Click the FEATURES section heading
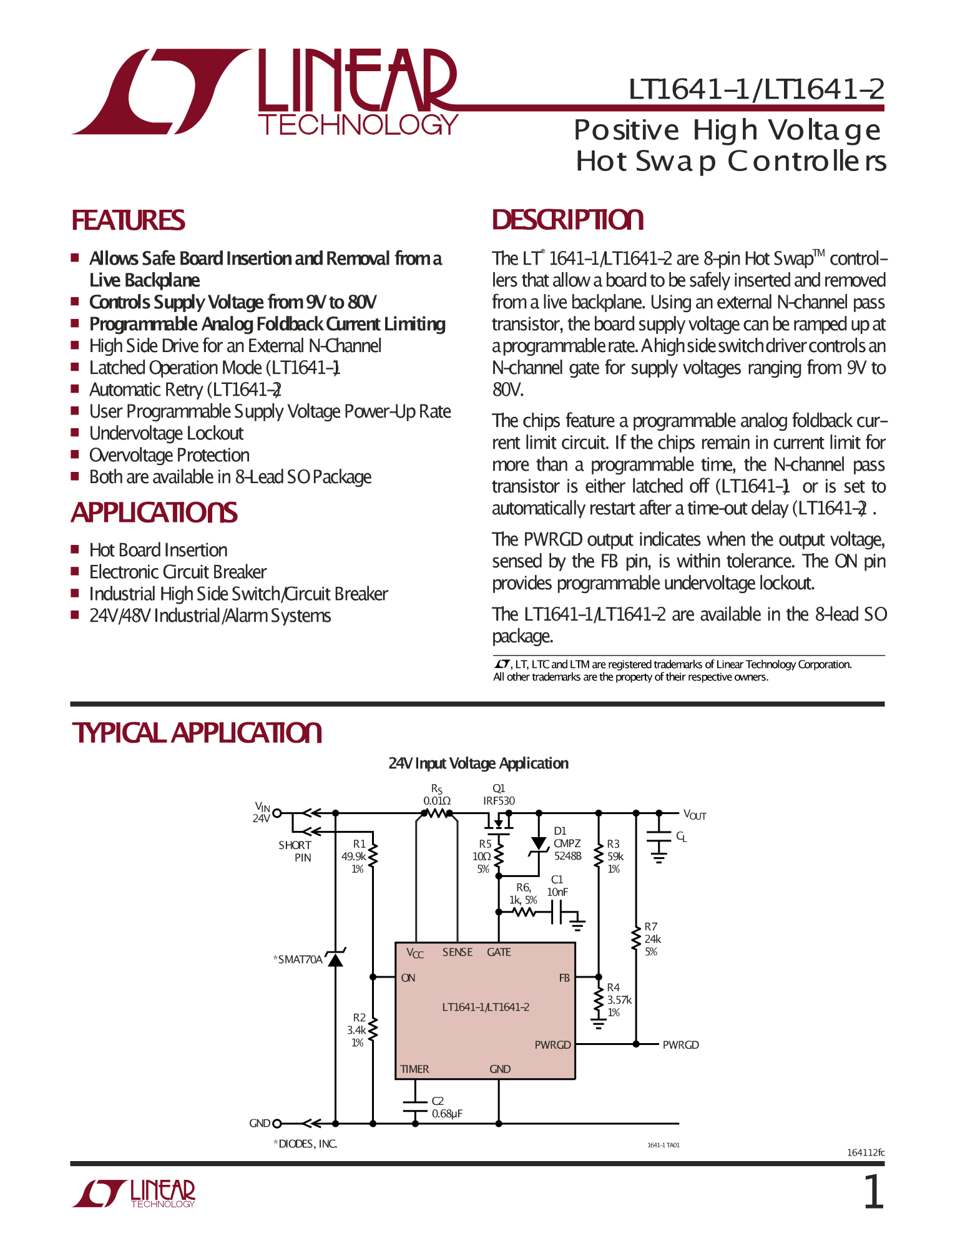pyautogui.click(x=128, y=220)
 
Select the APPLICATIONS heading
pyautogui.click(x=154, y=513)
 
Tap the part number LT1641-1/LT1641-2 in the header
pyautogui.click(x=756, y=89)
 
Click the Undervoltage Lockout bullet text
pyautogui.click(x=166, y=433)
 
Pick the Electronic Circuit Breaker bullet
pyautogui.click(x=178, y=572)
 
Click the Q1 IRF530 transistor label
pyautogui.click(x=499, y=795)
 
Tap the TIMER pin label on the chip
pyautogui.click(x=414, y=1069)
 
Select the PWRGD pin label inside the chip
pyautogui.click(x=552, y=1044)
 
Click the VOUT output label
pyautogui.click(x=695, y=815)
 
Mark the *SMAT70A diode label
pyautogui.click(x=298, y=959)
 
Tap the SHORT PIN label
pyautogui.click(x=295, y=851)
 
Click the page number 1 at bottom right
pyautogui.click(x=873, y=1193)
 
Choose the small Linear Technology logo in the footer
pyautogui.click(x=134, y=1194)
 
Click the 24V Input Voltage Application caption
pyautogui.click(x=478, y=763)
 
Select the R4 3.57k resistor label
pyautogui.click(x=617, y=999)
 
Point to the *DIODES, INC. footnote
pyautogui.click(x=305, y=1144)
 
